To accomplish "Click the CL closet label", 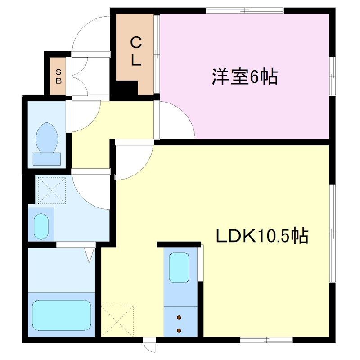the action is coord(136,52).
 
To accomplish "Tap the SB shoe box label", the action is coord(58,76).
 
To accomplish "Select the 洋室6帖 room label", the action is coord(245,76).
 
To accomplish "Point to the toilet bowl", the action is coord(47,138).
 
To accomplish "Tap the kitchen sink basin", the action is coord(179,267).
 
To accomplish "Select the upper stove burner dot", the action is coord(179,318).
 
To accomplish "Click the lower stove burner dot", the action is coord(179,331).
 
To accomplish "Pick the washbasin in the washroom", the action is coord(41,226).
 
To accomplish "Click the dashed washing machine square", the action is coord(52,190).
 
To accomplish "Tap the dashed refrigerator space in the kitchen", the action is coord(117,321).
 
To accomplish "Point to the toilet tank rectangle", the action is coord(47,159).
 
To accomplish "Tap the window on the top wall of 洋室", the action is coord(245,10).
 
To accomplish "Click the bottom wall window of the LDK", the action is coord(266,340).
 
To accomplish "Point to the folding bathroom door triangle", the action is coord(90,255).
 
